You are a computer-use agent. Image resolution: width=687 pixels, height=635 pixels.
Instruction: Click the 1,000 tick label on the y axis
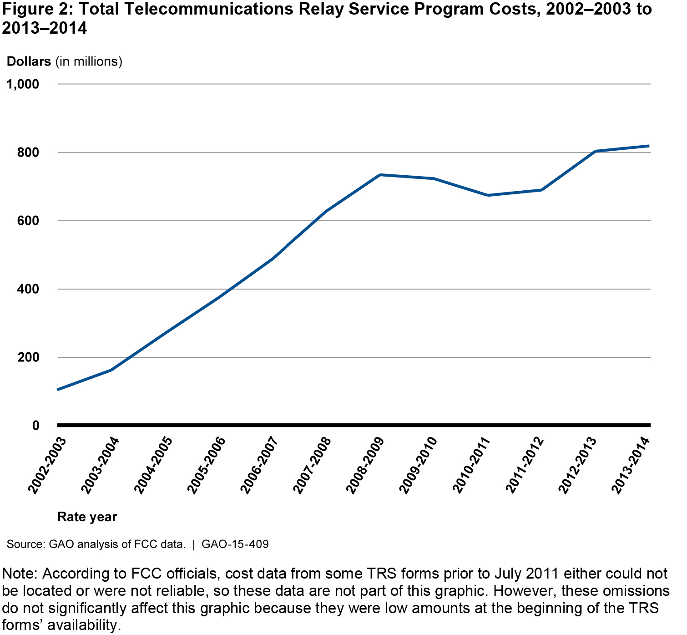(22, 84)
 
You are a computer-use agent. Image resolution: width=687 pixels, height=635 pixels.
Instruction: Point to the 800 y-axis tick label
(28, 152)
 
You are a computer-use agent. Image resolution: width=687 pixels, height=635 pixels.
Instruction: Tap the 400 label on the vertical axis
(28, 289)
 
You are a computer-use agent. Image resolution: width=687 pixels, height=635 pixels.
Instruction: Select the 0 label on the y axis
(35, 426)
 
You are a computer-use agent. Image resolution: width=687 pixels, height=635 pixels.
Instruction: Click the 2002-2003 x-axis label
(47, 465)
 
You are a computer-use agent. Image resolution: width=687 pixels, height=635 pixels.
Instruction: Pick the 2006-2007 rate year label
(259, 465)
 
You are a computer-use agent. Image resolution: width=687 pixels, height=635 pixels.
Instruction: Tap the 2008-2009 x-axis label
(365, 465)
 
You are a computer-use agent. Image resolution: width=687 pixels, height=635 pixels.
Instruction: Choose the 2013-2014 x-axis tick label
(631, 465)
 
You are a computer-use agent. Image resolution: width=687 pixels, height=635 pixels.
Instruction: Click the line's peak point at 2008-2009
(380, 175)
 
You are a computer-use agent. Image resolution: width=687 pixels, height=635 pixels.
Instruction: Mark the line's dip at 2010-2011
(488, 195)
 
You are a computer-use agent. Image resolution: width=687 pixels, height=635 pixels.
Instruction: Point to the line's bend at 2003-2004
(111, 370)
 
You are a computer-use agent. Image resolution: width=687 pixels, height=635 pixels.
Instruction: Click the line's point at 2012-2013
(595, 151)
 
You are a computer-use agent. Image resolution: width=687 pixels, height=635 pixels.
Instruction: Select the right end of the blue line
(649, 146)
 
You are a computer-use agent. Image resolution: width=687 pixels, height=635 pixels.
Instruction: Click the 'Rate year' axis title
(87, 517)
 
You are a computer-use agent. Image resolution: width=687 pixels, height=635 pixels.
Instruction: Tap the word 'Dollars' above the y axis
(29, 61)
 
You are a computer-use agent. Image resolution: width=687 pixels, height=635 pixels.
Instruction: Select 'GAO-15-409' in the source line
(235, 544)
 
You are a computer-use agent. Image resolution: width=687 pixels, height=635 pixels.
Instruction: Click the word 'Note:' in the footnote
(20, 574)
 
